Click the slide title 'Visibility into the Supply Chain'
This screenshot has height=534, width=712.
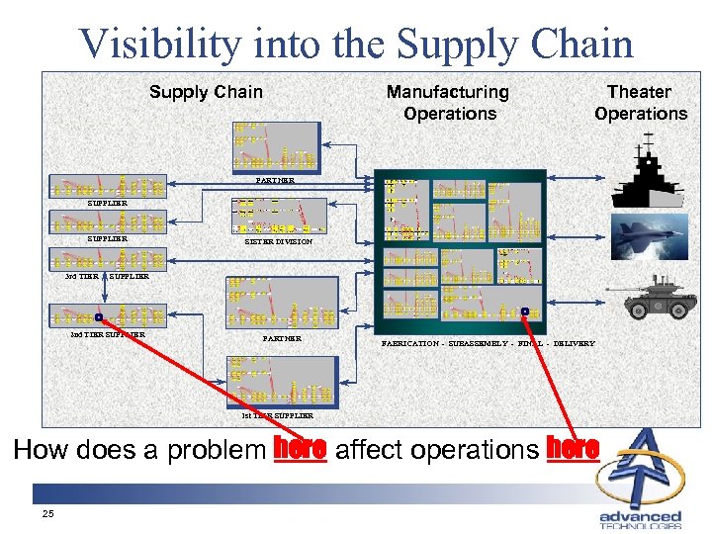click(356, 44)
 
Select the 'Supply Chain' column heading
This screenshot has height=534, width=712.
click(206, 92)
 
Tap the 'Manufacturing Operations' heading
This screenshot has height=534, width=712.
click(448, 103)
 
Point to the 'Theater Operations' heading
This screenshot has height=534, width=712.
click(640, 103)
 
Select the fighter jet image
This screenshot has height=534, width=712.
click(648, 237)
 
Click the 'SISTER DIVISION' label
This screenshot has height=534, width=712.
click(279, 242)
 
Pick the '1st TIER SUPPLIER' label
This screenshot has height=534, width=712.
click(278, 416)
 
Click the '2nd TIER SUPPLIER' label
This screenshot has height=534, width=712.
click(108, 334)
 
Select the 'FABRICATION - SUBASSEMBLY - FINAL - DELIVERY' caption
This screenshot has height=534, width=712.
click(489, 343)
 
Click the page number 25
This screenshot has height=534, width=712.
click(47, 514)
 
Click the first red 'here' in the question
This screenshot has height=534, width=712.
click(301, 449)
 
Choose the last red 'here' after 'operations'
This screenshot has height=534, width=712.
click(573, 449)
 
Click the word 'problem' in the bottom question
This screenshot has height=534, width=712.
click(216, 451)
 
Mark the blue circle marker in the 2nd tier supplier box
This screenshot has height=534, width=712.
click(99, 317)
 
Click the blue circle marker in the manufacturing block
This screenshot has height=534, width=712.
click(525, 311)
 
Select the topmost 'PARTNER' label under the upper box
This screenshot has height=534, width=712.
click(275, 181)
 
